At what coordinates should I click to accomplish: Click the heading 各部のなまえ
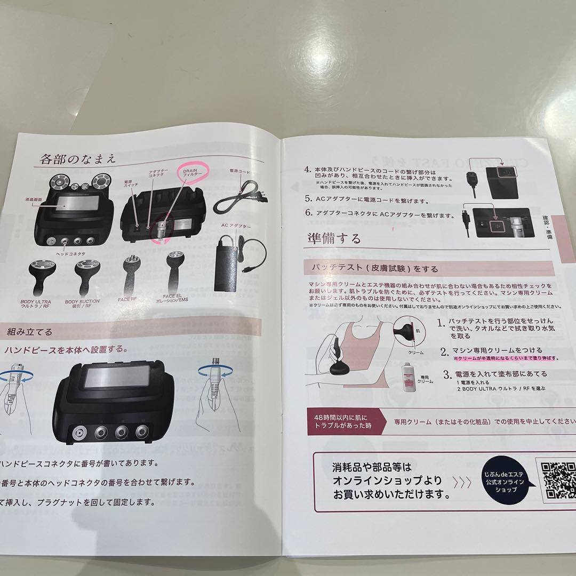77,158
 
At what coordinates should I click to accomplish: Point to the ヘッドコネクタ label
70,254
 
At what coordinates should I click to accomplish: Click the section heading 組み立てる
29,331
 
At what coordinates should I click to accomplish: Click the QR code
558,482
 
